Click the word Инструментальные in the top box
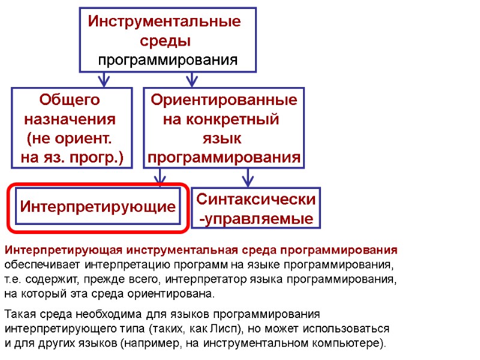(x=164, y=22)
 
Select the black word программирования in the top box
(x=168, y=60)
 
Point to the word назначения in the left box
(x=70, y=118)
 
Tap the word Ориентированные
(x=224, y=100)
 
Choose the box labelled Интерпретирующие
(x=98, y=207)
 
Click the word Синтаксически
(x=256, y=199)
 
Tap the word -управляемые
(x=256, y=219)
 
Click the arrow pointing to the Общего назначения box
(x=104, y=79)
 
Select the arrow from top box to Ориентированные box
(x=191, y=79)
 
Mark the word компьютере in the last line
(x=353, y=344)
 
